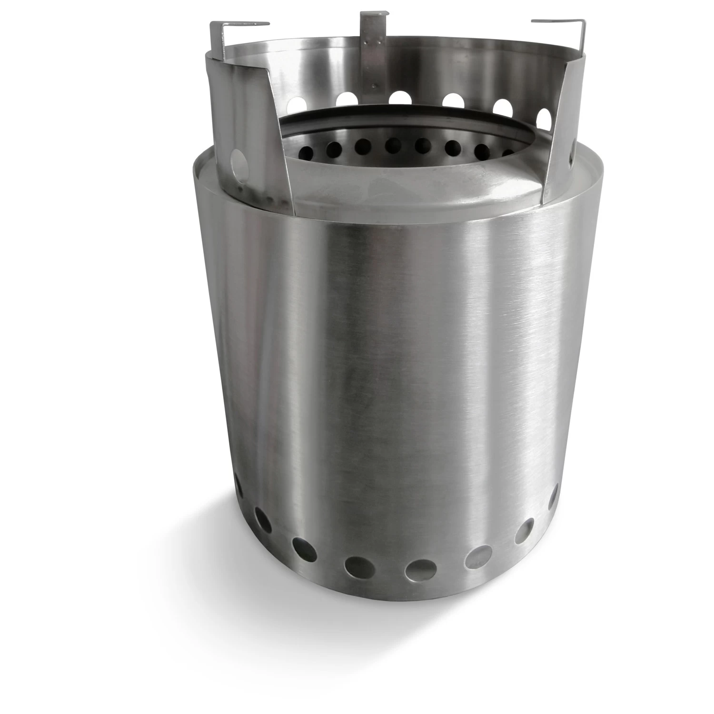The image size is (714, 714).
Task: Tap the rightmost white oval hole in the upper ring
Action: [544, 116]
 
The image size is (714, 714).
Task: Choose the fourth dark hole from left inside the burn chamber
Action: [393, 144]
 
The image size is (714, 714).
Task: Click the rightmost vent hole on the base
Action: [554, 497]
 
